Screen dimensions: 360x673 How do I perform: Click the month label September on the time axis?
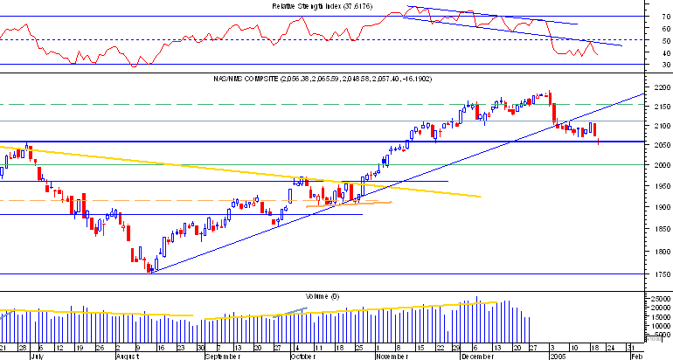tap(222, 357)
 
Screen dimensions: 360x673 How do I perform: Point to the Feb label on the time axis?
tap(636, 357)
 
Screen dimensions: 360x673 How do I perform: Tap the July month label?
tap(36, 357)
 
